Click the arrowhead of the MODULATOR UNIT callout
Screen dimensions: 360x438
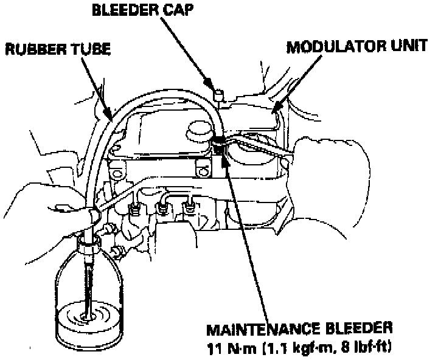coord(275,110)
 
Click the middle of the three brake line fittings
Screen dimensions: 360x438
coord(162,208)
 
